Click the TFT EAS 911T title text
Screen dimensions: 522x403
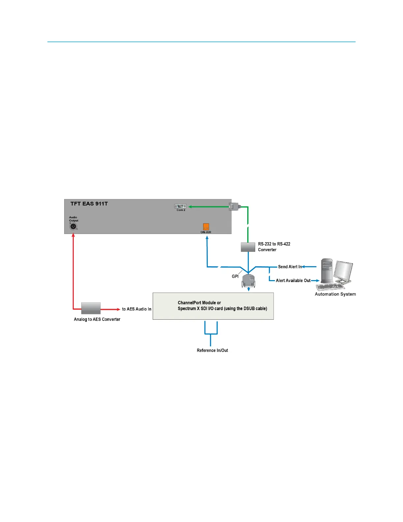(89, 204)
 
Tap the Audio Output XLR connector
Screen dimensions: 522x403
(73, 226)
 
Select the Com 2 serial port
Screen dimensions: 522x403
(180, 206)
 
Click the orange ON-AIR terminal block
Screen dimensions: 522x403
(206, 227)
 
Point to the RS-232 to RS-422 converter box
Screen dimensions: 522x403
(248, 247)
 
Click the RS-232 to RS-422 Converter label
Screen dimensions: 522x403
(274, 247)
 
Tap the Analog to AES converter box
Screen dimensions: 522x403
(91, 308)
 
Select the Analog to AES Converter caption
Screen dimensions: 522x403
(97, 319)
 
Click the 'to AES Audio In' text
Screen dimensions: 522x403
(137, 309)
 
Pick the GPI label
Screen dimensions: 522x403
(235, 276)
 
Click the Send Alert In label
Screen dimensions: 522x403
(290, 267)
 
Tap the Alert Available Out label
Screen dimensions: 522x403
(293, 281)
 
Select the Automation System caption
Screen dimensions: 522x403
(335, 294)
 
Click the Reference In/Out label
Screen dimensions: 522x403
(212, 351)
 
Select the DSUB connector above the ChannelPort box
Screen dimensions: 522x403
(249, 281)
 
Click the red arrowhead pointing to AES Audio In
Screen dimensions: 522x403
(118, 309)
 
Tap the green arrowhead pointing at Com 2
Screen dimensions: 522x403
(190, 207)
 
